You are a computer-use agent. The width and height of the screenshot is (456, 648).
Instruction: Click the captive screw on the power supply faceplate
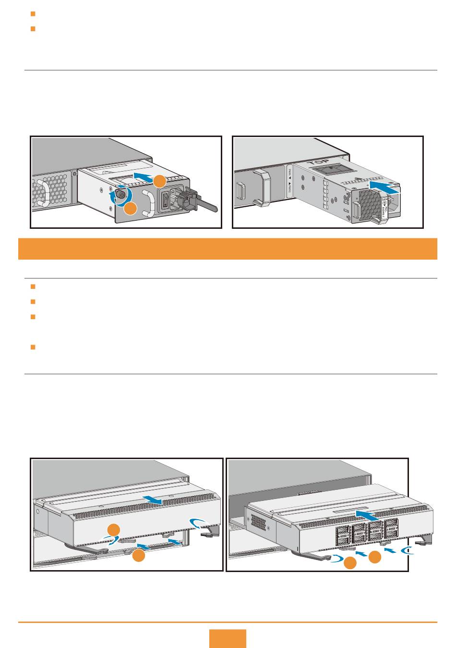pos(120,195)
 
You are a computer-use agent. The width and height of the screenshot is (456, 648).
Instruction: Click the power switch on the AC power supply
pos(165,199)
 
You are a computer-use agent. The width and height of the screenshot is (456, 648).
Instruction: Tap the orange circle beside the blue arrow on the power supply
pos(160,181)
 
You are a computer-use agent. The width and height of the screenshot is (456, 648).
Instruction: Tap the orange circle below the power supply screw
pos(130,209)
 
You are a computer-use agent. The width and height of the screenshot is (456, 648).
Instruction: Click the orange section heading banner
pos(228,249)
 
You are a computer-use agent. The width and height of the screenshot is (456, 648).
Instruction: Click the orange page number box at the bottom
pos(228,638)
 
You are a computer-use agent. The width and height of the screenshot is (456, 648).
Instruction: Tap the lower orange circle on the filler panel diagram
pos(139,556)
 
